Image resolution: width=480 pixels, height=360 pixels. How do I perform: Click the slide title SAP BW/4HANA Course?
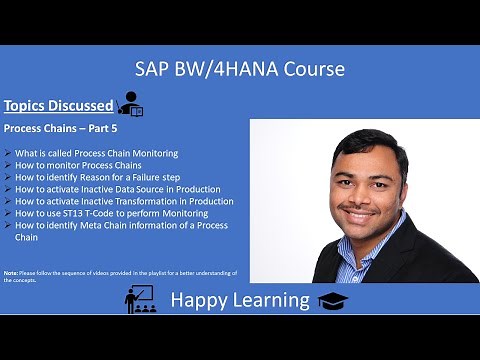[240, 69]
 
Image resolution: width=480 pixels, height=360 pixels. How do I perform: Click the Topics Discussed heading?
[56, 104]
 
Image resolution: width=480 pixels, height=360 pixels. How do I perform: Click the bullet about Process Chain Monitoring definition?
[96, 153]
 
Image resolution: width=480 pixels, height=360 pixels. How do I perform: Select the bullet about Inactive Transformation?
[124, 201]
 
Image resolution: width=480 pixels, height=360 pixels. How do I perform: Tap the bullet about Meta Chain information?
[120, 225]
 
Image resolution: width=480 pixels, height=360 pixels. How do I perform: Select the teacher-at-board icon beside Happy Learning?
[139, 299]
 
